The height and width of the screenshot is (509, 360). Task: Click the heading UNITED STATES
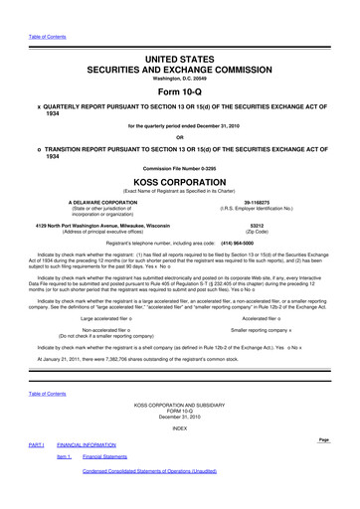pos(180,33)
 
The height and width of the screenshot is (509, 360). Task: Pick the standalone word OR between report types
pos(180,136)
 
